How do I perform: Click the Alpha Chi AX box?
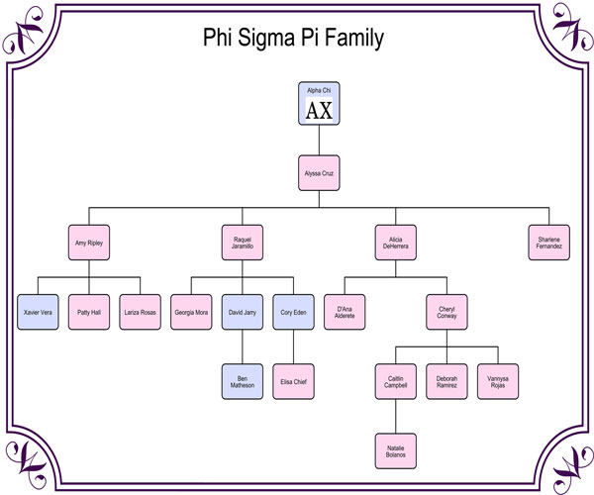[x=319, y=104]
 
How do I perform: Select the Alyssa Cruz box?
[x=319, y=172]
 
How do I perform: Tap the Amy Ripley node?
[x=89, y=243]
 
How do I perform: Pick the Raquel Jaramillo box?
[x=243, y=243]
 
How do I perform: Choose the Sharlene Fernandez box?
[x=549, y=243]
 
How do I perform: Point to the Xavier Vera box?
[x=38, y=312]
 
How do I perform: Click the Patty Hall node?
[x=89, y=312]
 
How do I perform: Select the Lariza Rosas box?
[x=141, y=312]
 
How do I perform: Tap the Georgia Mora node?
[x=191, y=312]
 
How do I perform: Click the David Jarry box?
[x=243, y=312]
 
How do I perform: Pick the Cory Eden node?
[x=294, y=312]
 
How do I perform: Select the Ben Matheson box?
[x=243, y=381]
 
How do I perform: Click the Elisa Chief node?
[x=294, y=381]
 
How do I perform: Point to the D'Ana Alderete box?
[x=345, y=312]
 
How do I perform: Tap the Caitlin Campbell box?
[x=396, y=381]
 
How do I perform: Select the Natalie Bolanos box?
[x=396, y=450]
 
